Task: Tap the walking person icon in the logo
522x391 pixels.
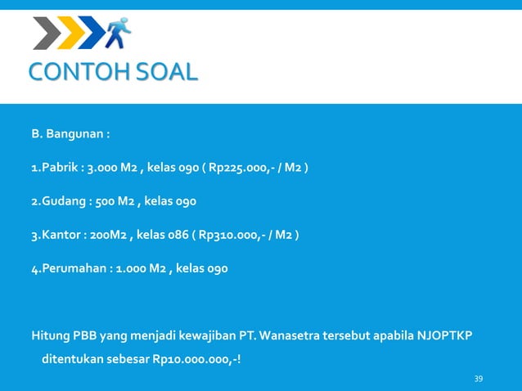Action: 119,34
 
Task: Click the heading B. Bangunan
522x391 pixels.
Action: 71,133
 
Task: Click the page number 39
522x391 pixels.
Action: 479,379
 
